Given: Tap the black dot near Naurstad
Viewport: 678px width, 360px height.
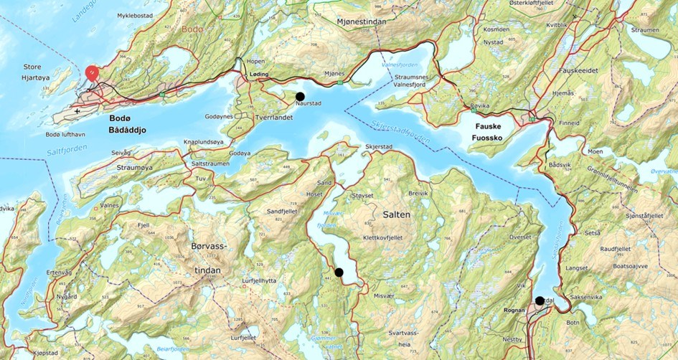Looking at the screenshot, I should point(300,96).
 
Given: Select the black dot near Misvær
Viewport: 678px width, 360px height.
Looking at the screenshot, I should point(339,272).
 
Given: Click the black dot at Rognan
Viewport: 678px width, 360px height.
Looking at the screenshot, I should point(540,300).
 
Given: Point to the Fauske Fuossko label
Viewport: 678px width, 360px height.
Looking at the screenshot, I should point(487,130).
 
